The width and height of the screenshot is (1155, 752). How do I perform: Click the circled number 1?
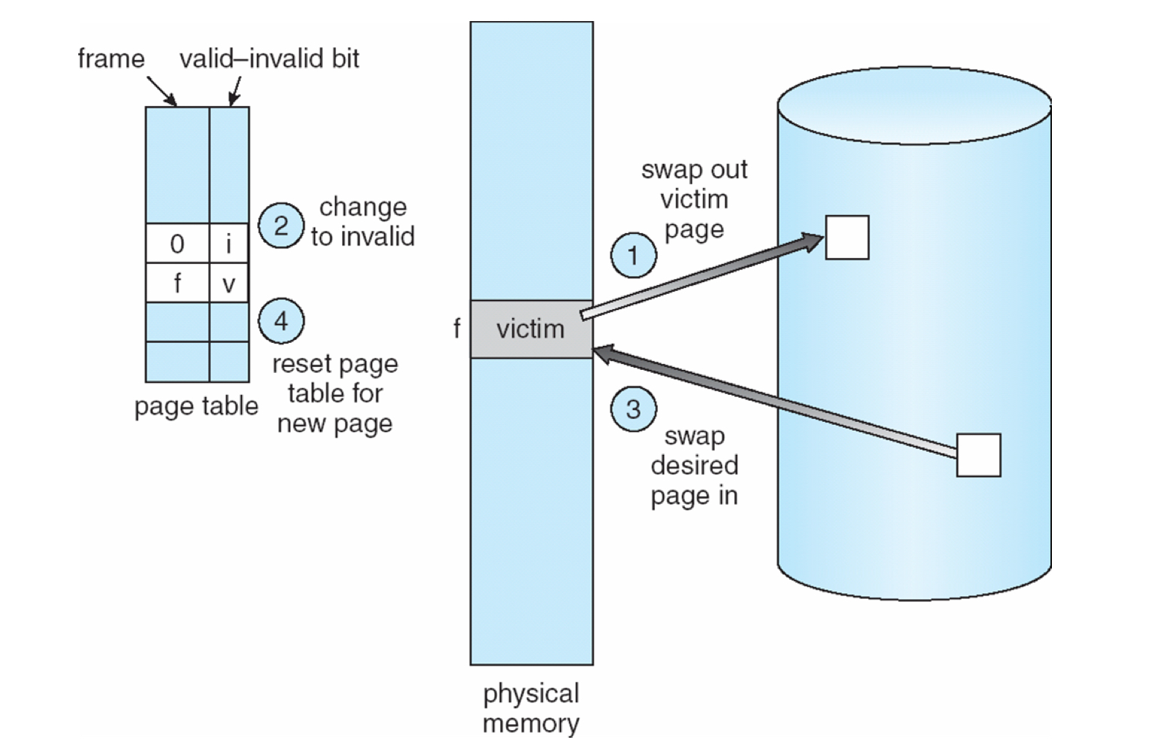point(633,256)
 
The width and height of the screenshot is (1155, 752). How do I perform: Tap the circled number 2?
point(281,226)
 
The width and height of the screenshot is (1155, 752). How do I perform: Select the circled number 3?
point(633,409)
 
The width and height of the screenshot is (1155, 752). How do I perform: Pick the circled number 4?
point(281,321)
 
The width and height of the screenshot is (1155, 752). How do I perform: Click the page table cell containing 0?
point(177,244)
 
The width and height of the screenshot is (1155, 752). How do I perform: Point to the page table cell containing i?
point(229,244)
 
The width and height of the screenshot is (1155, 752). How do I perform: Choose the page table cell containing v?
point(229,284)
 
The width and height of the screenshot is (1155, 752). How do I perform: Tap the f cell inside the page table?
point(177,284)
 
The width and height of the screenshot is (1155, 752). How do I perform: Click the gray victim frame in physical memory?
point(531,329)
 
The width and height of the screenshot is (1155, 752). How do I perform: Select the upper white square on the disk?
point(846,237)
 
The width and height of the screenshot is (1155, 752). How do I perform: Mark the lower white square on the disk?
point(978,455)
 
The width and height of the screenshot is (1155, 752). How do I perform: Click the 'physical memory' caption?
point(531,708)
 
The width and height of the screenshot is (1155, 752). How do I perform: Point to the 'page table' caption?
point(196,406)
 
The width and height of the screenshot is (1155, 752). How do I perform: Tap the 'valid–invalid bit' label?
point(269,59)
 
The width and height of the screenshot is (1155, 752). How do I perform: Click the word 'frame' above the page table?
point(111,59)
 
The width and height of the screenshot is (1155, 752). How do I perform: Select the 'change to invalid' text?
point(363,222)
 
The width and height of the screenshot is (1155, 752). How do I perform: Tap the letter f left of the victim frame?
point(456,329)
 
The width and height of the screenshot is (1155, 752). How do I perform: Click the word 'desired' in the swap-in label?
point(694,465)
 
